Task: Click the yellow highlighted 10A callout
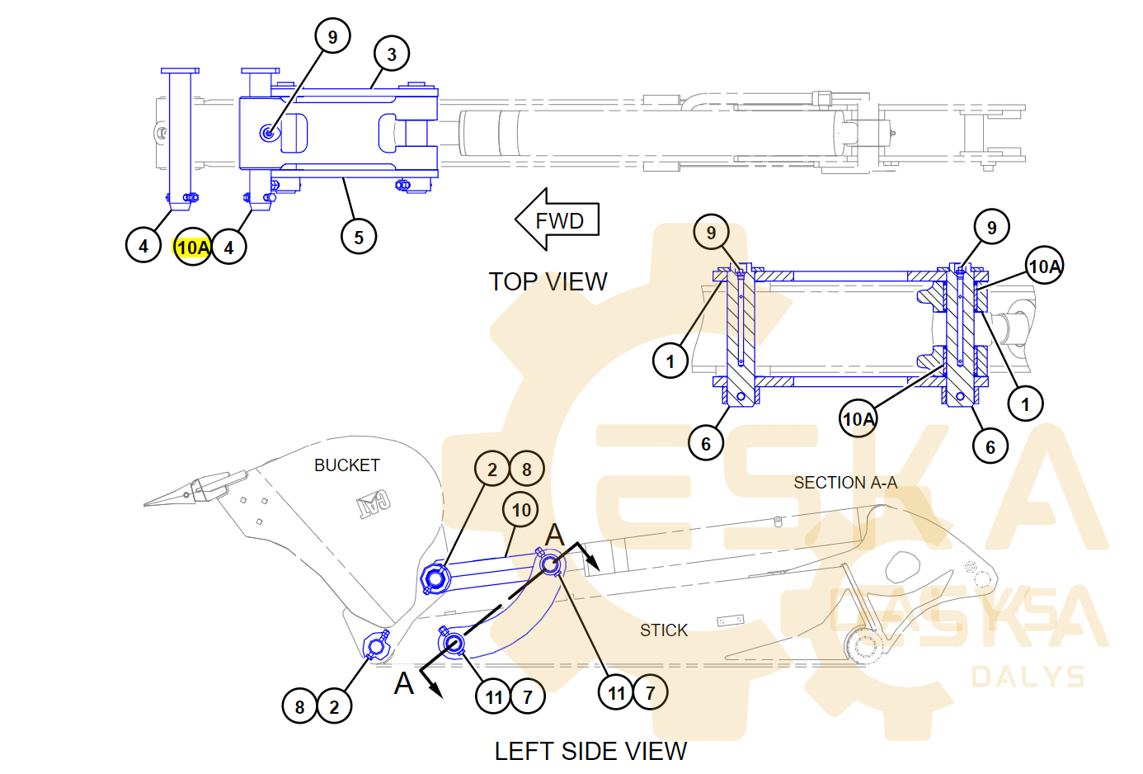pyautogui.click(x=192, y=247)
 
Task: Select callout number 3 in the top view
pyautogui.click(x=392, y=54)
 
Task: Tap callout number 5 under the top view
pyautogui.click(x=359, y=236)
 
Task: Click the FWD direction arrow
pyautogui.click(x=557, y=219)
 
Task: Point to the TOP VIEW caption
pyautogui.click(x=548, y=282)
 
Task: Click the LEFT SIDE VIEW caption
pyautogui.click(x=590, y=751)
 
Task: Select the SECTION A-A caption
pyautogui.click(x=845, y=483)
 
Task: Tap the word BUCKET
pyautogui.click(x=347, y=465)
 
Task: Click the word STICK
pyautogui.click(x=664, y=630)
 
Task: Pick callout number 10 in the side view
pyautogui.click(x=520, y=509)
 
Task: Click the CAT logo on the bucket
pyautogui.click(x=374, y=504)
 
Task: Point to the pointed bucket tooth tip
pyautogui.click(x=145, y=506)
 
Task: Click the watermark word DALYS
pyautogui.click(x=1028, y=677)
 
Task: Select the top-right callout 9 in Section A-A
pyautogui.click(x=991, y=227)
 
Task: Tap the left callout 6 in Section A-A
pyautogui.click(x=706, y=443)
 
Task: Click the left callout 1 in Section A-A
pyautogui.click(x=670, y=361)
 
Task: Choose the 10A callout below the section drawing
pyautogui.click(x=858, y=418)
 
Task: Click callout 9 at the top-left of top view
pyautogui.click(x=332, y=36)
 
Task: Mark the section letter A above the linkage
pyautogui.click(x=555, y=535)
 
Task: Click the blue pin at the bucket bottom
pyautogui.click(x=376, y=646)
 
